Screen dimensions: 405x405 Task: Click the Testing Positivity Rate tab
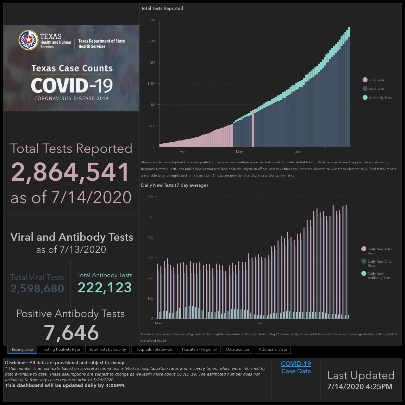(61, 349)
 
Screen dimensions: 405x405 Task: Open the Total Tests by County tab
(108, 349)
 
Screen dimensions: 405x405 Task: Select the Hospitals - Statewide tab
(154, 349)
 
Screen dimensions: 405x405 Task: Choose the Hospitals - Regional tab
(199, 349)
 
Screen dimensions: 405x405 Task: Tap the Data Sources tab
(238, 349)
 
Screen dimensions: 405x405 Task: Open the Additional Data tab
(273, 349)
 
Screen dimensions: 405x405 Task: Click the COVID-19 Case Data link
(296, 367)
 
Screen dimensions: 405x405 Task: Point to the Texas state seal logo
(28, 40)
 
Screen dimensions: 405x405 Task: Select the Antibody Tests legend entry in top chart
(377, 98)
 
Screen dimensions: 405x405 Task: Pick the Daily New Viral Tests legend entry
(377, 263)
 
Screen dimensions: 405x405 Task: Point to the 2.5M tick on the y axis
(151, 41)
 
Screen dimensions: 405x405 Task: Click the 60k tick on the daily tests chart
(150, 197)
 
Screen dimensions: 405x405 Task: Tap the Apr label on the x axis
(183, 152)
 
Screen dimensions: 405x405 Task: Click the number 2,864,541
(70, 172)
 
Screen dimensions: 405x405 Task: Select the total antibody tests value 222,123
(105, 288)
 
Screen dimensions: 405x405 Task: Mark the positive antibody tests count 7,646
(71, 333)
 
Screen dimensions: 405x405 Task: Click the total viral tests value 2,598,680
(37, 288)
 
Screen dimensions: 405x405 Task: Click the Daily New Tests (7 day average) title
(174, 185)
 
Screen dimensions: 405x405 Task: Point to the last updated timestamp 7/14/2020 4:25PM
(360, 387)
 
